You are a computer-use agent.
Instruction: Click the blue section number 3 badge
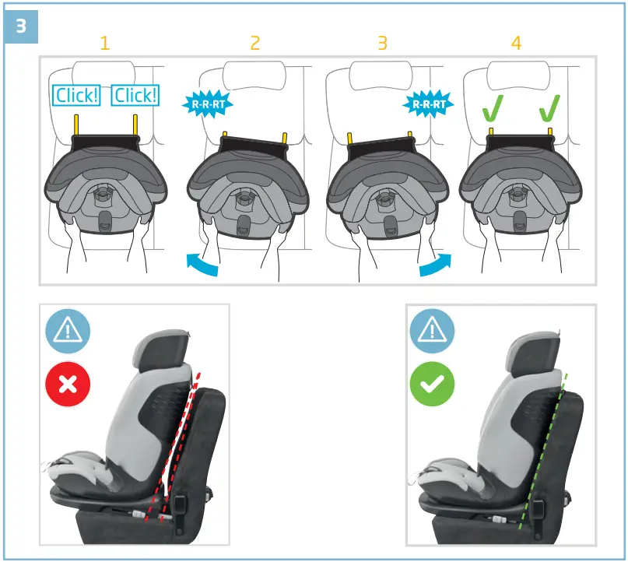(21, 26)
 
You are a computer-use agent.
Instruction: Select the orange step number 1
(105, 43)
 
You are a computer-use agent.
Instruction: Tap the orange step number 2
(254, 43)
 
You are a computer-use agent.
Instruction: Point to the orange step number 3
(382, 43)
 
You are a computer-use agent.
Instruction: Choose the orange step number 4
(516, 43)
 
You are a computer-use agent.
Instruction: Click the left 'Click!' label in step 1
(76, 96)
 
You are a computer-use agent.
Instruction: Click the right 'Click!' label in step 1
(135, 96)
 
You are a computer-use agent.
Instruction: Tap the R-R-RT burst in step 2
(206, 103)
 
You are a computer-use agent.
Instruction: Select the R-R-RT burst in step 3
(429, 103)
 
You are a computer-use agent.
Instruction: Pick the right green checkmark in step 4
(550, 109)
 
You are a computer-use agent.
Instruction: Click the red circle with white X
(68, 384)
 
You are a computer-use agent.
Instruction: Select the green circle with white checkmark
(433, 384)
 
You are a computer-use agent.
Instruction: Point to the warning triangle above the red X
(68, 330)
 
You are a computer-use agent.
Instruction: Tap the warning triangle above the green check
(433, 330)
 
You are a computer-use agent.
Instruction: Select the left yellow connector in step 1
(77, 124)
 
